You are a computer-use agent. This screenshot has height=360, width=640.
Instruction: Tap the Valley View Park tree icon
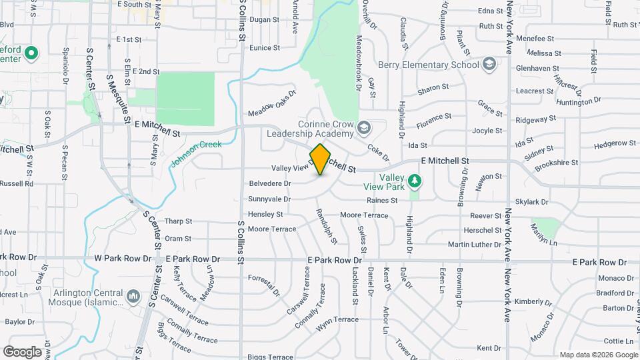[x=415, y=180]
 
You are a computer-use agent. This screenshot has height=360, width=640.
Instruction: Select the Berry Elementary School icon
[x=489, y=65]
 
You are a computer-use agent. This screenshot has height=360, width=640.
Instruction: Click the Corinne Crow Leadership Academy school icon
[x=364, y=127]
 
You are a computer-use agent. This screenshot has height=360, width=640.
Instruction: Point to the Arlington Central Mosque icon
[x=133, y=295]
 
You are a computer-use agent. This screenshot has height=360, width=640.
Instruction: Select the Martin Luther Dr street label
[x=474, y=245]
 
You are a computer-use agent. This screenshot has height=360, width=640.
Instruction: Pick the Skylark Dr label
[x=531, y=201]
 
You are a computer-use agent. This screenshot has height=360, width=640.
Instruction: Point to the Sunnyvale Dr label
[x=269, y=199]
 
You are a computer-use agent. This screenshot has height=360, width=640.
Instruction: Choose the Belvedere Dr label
[x=270, y=183]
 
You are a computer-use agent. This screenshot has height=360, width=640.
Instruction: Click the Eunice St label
[x=264, y=48]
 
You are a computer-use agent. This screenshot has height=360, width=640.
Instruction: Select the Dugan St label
[x=264, y=20]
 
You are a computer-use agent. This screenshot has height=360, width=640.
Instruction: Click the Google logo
[x=22, y=351]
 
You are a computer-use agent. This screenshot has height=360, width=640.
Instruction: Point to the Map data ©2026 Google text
[x=598, y=355]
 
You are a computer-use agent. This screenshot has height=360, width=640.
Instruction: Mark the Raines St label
[x=381, y=200]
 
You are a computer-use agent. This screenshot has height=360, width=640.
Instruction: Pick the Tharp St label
[x=178, y=221]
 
